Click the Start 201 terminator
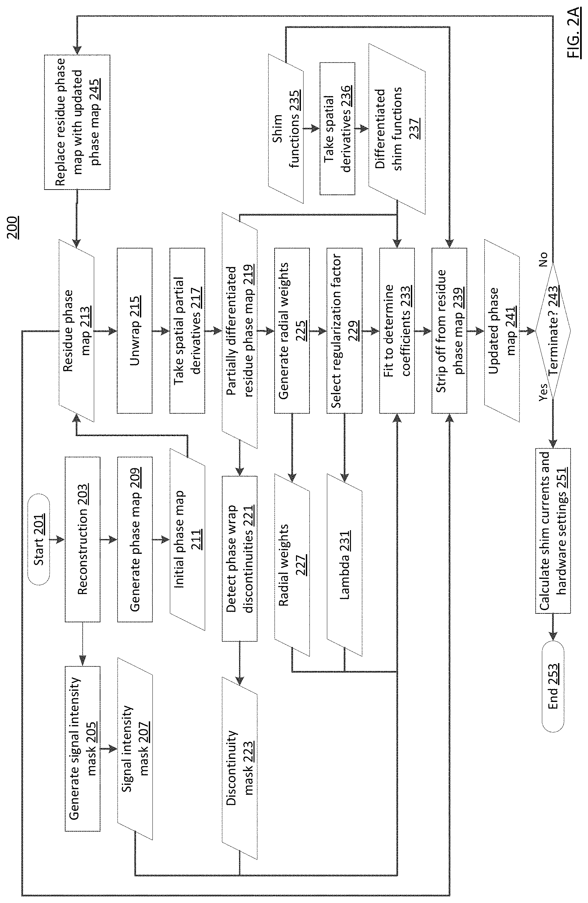point(38,539)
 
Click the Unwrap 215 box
point(135,330)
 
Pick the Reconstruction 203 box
point(82,539)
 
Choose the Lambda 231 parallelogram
point(344,565)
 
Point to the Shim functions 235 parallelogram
point(286,129)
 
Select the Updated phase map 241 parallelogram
point(502,330)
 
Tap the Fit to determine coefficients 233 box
point(397,330)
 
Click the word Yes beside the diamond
point(543,392)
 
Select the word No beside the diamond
point(543,260)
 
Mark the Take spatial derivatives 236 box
point(337,129)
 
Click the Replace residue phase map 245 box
point(77,122)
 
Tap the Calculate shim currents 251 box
point(553,530)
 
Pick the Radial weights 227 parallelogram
point(292,565)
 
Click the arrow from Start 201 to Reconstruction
point(57,539)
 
